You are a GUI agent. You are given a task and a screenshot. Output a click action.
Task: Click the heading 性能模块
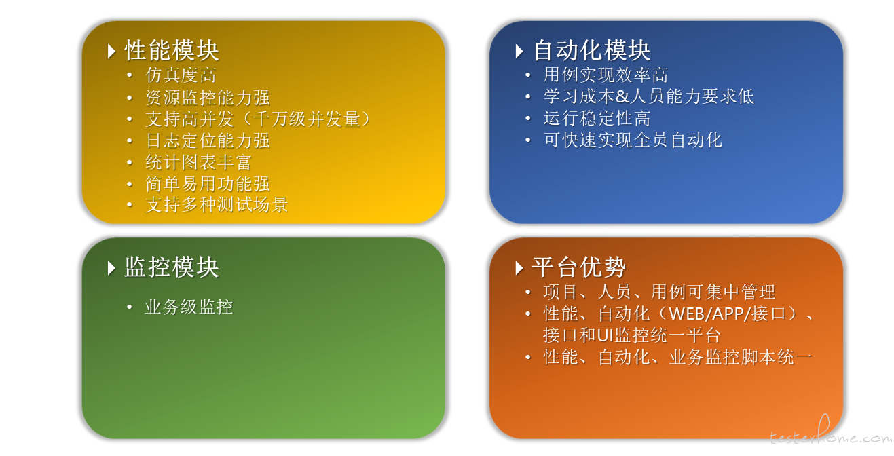point(172,51)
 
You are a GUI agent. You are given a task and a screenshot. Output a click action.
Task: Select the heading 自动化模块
point(591,51)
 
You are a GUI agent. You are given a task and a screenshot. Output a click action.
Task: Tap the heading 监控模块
point(172,267)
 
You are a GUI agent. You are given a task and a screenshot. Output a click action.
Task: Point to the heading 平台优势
point(578,267)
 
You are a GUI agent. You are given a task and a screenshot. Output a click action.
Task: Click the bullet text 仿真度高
point(181,75)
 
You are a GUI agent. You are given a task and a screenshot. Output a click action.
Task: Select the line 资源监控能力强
point(208,98)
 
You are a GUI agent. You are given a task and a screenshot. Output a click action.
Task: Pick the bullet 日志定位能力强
point(208,140)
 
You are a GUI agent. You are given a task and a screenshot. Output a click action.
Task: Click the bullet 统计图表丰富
point(198,162)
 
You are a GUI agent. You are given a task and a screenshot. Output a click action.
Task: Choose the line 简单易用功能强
point(208,184)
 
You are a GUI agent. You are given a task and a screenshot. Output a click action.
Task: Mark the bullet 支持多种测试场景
point(217,205)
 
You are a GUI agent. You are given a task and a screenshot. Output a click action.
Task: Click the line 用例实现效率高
point(606,75)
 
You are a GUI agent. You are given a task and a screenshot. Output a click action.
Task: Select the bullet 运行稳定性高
point(597,118)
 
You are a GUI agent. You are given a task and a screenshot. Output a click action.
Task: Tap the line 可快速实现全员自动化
point(633,140)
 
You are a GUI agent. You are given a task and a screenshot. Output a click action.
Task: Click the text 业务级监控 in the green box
point(189,307)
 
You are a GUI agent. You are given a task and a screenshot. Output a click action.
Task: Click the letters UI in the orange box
point(606,335)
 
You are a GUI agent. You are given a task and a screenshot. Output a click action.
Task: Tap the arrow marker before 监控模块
point(112,268)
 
